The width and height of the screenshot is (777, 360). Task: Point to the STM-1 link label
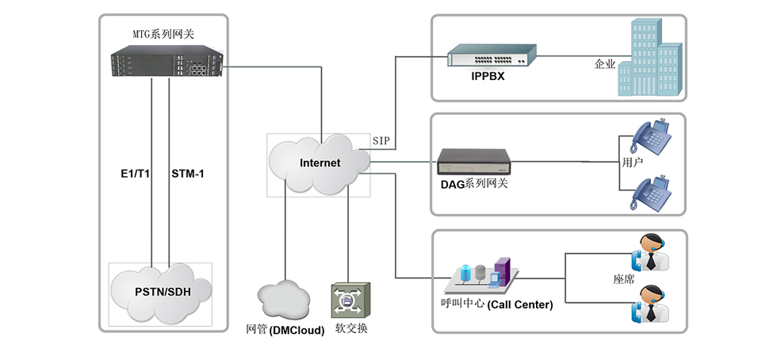pyautogui.click(x=188, y=173)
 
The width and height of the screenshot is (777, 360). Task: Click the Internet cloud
pyautogui.click(x=320, y=163)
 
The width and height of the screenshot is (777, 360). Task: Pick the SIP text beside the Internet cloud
pyautogui.click(x=382, y=140)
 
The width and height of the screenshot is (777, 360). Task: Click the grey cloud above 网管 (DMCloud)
pyautogui.click(x=283, y=299)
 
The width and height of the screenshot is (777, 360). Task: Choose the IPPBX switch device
pyautogui.click(x=491, y=56)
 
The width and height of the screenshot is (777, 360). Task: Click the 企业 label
pyautogui.click(x=605, y=65)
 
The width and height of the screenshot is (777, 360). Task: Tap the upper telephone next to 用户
pyautogui.click(x=653, y=136)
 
